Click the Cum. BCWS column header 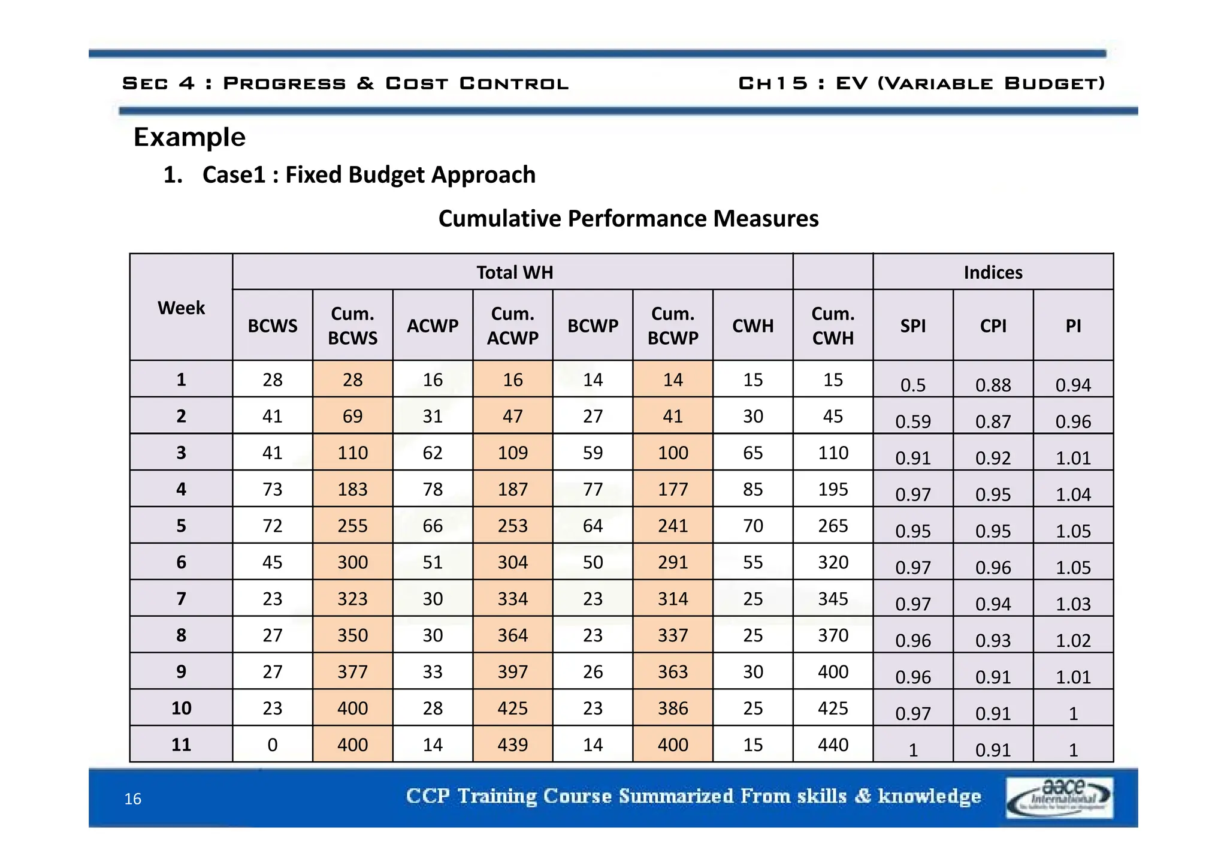[352, 325]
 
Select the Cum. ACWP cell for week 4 [512, 489]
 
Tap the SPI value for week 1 [912, 384]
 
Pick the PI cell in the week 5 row [1072, 531]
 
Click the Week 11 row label [181, 745]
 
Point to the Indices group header [993, 272]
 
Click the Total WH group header [514, 272]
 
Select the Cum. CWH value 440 [833, 745]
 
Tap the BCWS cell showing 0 [272, 745]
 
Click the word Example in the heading [189, 137]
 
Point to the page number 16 [132, 798]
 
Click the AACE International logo [1059, 797]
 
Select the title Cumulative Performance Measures [628, 218]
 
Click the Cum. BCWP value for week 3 [672, 453]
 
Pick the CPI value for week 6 [993, 567]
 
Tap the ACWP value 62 [432, 453]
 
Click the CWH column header [752, 325]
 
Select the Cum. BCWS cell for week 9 [352, 671]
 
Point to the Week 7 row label [181, 598]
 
